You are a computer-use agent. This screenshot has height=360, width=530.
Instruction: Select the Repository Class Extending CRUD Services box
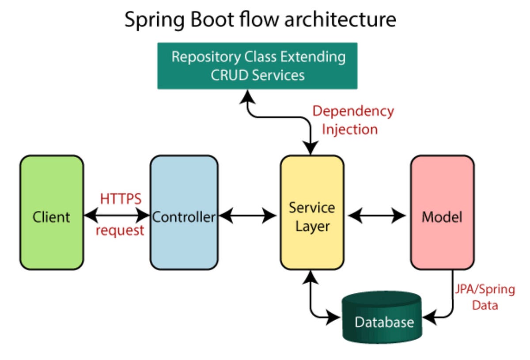click(x=257, y=66)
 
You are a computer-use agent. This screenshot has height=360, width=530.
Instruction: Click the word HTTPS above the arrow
click(x=121, y=199)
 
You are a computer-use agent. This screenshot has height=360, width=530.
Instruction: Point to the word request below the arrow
click(x=120, y=230)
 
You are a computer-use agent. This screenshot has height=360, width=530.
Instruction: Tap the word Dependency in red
click(x=353, y=111)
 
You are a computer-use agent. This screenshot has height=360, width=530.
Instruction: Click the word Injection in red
click(x=349, y=129)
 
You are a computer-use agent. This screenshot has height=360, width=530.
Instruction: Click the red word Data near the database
click(x=485, y=305)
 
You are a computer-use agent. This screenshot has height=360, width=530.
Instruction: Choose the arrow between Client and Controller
click(x=117, y=216)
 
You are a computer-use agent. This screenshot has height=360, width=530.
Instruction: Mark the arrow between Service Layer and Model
click(x=376, y=216)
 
